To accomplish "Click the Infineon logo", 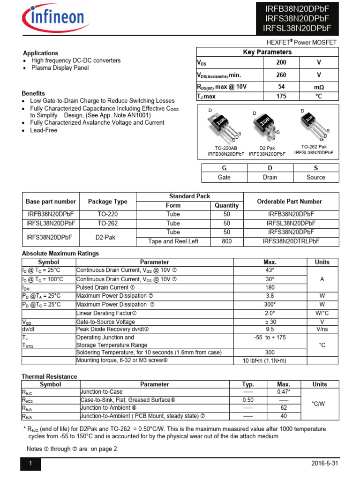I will click(x=52, y=19).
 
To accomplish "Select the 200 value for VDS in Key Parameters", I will click(x=281, y=62).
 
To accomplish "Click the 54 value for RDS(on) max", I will click(x=281, y=87).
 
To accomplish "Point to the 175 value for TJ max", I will click(x=281, y=97).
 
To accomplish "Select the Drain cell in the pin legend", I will click(x=270, y=177).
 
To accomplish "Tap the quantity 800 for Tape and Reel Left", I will click(x=226, y=241).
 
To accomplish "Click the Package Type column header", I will click(x=107, y=202).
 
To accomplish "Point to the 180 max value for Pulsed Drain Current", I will click(x=270, y=287).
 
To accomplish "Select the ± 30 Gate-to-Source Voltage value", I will click(x=270, y=322).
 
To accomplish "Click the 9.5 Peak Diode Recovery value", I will click(x=270, y=329).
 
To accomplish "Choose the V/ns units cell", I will click(x=322, y=329).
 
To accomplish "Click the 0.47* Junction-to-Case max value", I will click(x=284, y=392).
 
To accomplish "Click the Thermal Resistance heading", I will click(x=49, y=376).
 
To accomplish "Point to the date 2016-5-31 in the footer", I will click(x=324, y=464).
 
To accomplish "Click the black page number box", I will click(x=30, y=464).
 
